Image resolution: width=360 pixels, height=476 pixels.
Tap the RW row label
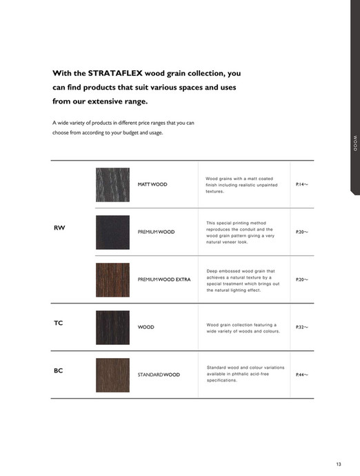[59, 228]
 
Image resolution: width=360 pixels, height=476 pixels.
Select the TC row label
[59, 323]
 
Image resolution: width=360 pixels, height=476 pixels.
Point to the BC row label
[59, 370]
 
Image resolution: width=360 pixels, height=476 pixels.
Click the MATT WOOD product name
[152, 184]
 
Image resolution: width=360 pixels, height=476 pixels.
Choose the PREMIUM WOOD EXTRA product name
[164, 279]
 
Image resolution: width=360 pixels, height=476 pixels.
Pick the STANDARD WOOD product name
[159, 375]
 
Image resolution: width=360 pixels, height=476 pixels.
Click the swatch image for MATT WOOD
[112, 184]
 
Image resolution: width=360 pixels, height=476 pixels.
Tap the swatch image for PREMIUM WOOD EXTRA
[112, 279]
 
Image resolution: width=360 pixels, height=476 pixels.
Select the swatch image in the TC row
[112, 327]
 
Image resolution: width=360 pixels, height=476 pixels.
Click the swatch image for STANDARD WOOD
[112, 375]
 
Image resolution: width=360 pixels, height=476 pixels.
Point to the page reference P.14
[301, 184]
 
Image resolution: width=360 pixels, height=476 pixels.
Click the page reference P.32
[301, 327]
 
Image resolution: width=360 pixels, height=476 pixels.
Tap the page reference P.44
[301, 375]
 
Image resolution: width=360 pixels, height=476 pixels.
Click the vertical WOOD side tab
[355, 144]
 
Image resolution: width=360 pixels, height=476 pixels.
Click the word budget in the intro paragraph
[130, 132]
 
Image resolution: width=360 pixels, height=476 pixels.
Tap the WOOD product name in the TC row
[146, 327]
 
